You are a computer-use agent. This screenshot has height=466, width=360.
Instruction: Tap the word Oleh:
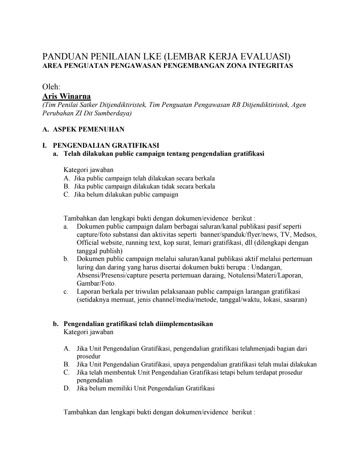[x=51, y=87]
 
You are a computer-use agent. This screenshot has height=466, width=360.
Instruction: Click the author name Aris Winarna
[x=66, y=96]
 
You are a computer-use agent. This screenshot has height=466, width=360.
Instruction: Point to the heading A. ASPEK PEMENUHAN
[x=83, y=129]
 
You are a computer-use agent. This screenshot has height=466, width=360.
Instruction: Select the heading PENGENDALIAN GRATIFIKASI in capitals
[x=106, y=145]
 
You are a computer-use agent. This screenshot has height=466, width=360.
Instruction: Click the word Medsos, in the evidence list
[x=305, y=235]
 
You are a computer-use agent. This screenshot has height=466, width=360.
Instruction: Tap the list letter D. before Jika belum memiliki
[x=67, y=389]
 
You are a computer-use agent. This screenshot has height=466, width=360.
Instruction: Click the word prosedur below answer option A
[x=89, y=356]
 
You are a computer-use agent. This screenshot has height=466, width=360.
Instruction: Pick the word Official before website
[x=88, y=243]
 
